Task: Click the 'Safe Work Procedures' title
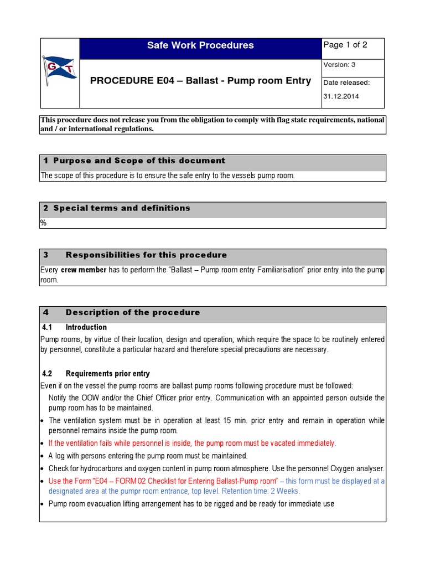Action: pyautogui.click(x=200, y=45)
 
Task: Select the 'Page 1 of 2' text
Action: pyautogui.click(x=345, y=45)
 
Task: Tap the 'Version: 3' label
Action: pyautogui.click(x=336, y=65)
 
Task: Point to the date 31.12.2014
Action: pyautogui.click(x=341, y=96)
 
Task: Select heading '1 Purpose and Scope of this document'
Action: pyautogui.click(x=134, y=161)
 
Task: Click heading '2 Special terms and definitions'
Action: pyautogui.click(x=117, y=208)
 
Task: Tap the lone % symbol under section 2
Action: pyautogui.click(x=43, y=223)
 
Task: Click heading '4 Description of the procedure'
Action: pyautogui.click(x=133, y=312)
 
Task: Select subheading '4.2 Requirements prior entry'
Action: pyautogui.click(x=96, y=374)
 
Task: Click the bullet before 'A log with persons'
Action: pyautogui.click(x=42, y=456)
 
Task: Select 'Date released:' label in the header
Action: pyautogui.click(x=346, y=83)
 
